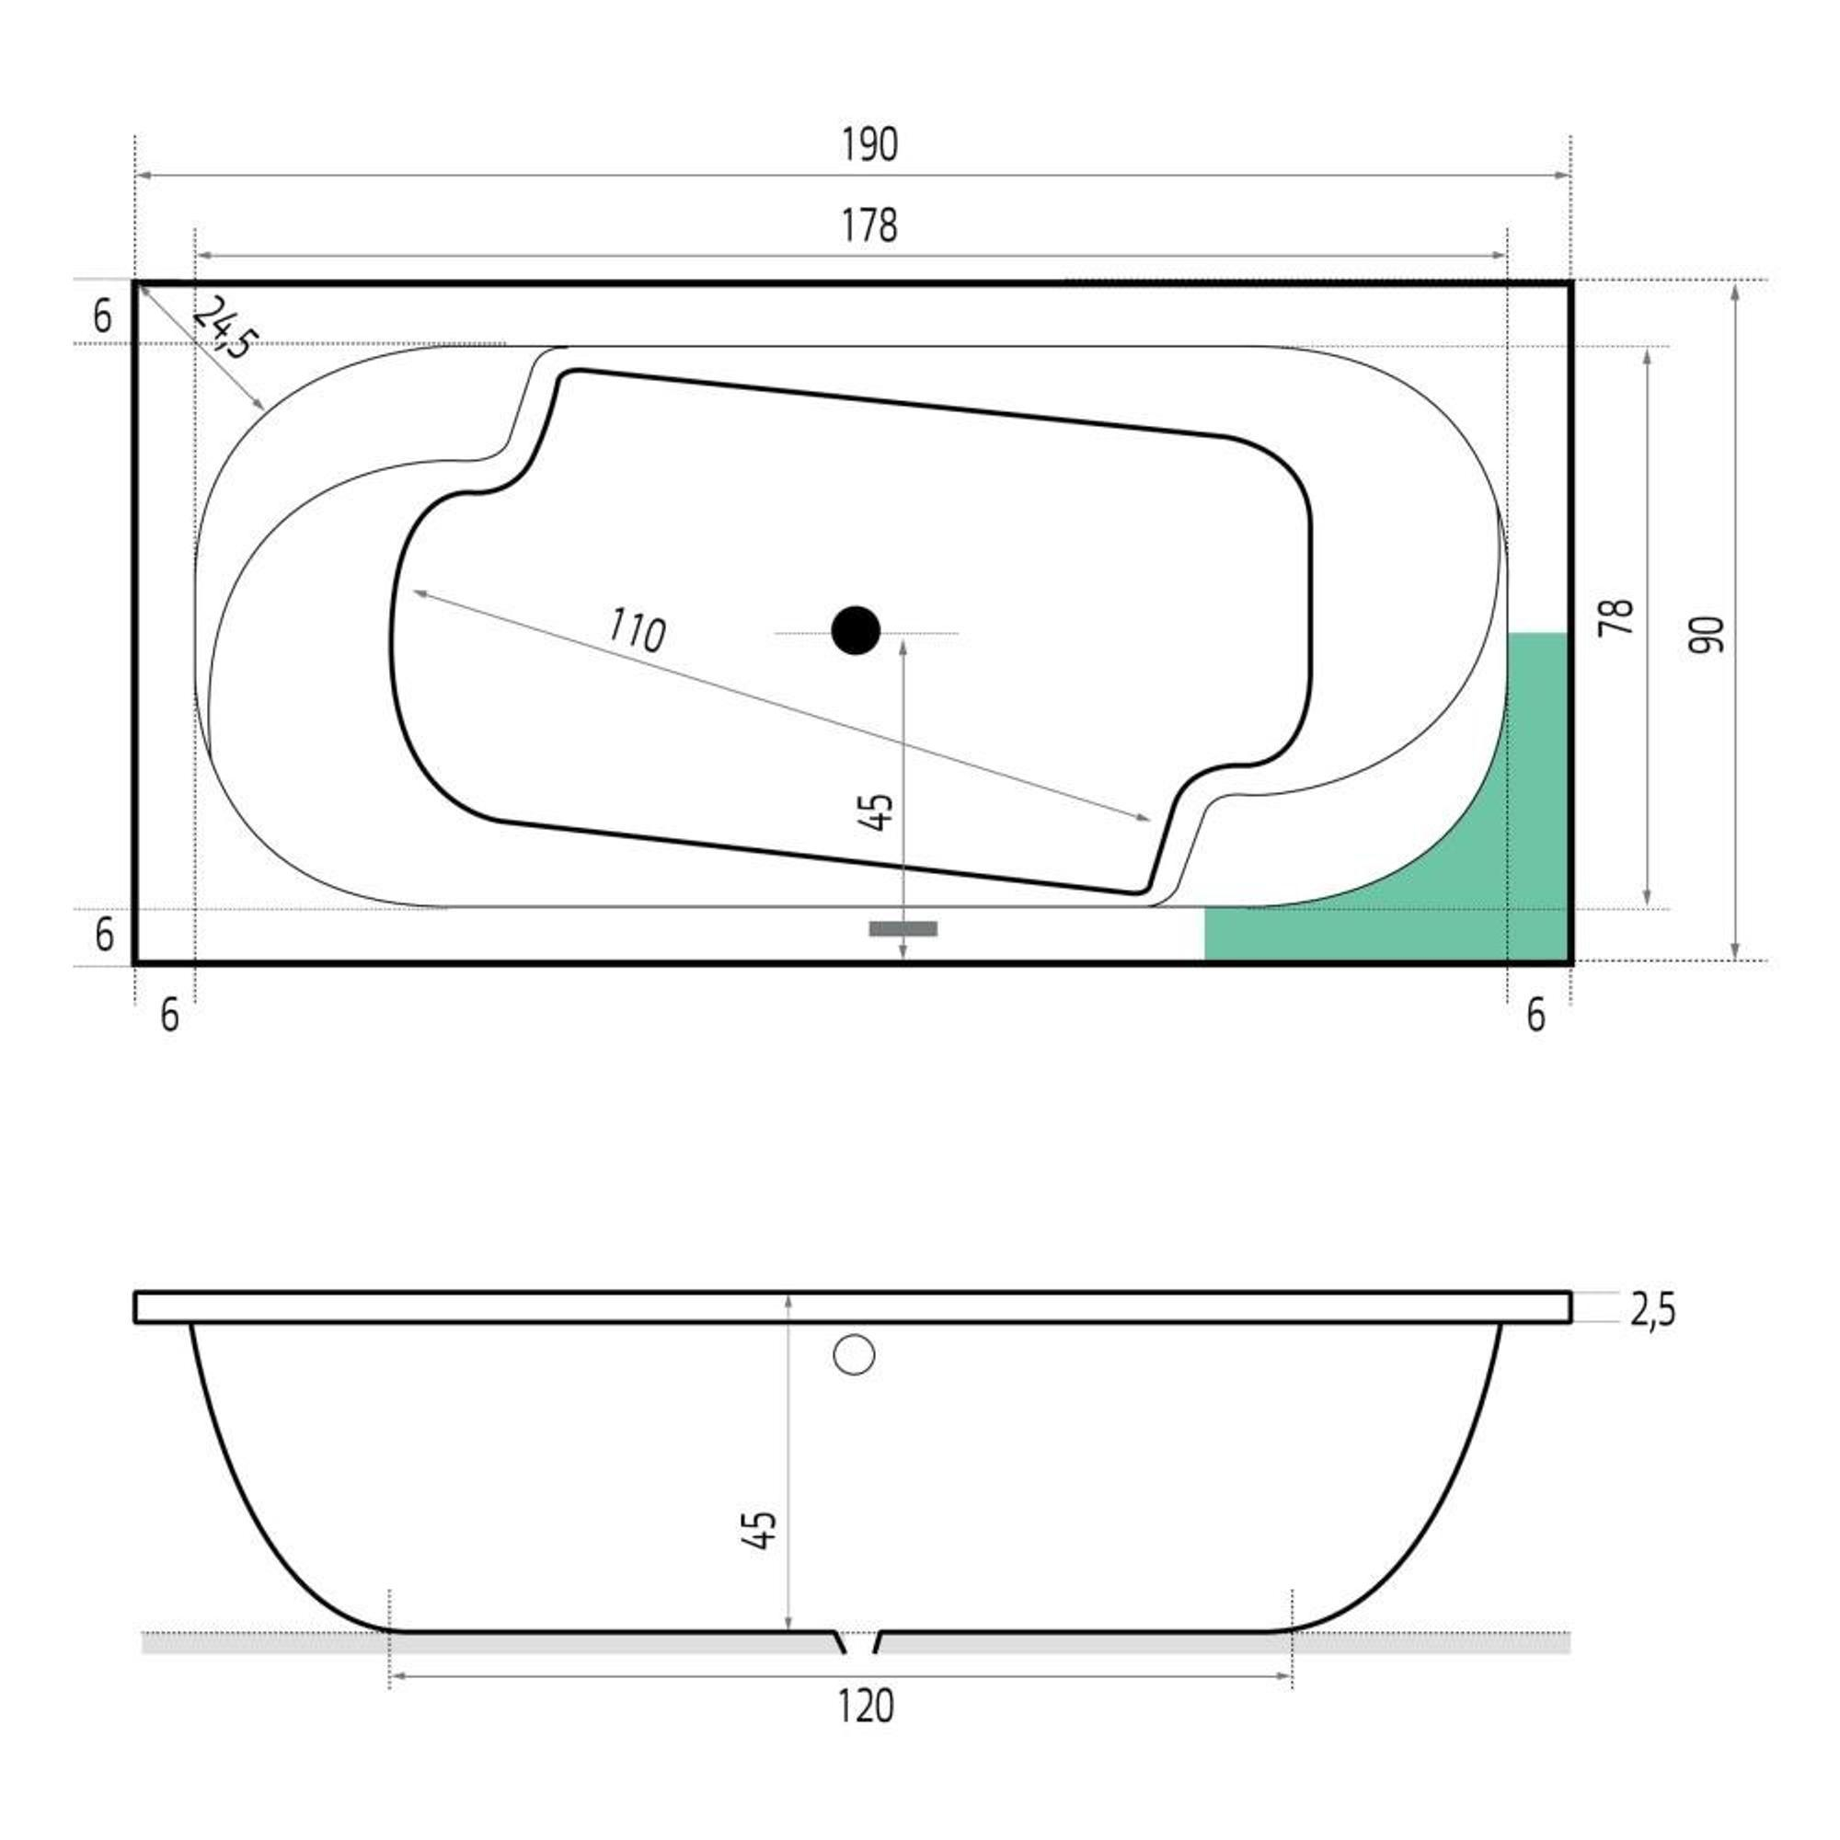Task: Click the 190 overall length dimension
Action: pyautogui.click(x=869, y=144)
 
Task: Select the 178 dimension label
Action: pyautogui.click(x=869, y=225)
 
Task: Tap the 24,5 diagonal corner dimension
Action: pyautogui.click(x=224, y=327)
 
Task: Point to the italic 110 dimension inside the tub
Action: pyautogui.click(x=637, y=629)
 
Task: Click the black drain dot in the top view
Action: pyautogui.click(x=856, y=630)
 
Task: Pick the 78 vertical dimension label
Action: pyautogui.click(x=1617, y=617)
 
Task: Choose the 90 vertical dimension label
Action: pyautogui.click(x=1707, y=634)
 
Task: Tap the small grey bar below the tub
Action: pyautogui.click(x=903, y=928)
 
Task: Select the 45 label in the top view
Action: pyautogui.click(x=881, y=811)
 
